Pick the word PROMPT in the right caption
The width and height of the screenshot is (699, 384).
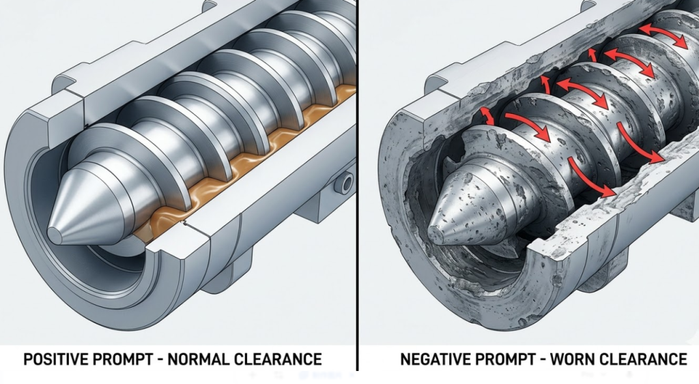click(502, 358)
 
